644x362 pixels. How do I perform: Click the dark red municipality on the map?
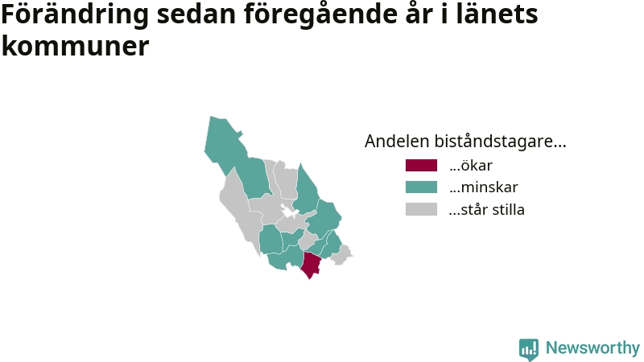click(x=311, y=265)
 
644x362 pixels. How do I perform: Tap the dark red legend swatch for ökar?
click(x=421, y=166)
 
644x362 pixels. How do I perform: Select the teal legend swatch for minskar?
click(x=421, y=187)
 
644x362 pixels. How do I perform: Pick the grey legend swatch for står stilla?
click(x=421, y=209)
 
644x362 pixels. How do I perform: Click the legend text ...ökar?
click(x=471, y=166)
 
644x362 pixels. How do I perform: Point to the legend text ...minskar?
click(x=484, y=187)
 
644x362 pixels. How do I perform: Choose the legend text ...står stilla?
click(x=487, y=209)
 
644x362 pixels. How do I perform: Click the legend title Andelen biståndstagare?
click(x=465, y=142)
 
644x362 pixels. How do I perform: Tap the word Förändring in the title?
click(x=75, y=14)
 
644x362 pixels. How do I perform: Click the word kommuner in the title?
click(x=75, y=46)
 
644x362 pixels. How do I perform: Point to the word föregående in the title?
click(x=321, y=14)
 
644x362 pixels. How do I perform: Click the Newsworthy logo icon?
click(x=529, y=349)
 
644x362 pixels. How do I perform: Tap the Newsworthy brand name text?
click(x=592, y=348)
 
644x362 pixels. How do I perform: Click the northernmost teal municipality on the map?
click(x=225, y=144)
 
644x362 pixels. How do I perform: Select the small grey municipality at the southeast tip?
click(x=341, y=255)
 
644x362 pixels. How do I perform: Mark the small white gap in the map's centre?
click(x=290, y=212)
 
